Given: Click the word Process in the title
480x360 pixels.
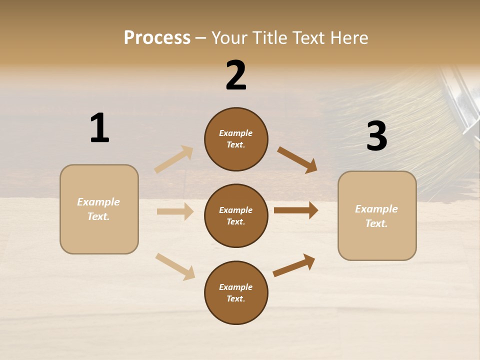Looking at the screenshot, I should click(157, 38).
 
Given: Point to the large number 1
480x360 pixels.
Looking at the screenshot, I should click(99, 128).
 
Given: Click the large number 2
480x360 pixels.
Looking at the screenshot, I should click(236, 75).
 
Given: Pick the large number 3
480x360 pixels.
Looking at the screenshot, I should click(376, 136).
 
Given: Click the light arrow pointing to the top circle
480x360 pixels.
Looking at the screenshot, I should click(173, 159).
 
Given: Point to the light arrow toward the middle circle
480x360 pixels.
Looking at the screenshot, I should click(175, 211).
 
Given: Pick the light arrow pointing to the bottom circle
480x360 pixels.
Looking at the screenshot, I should click(175, 266).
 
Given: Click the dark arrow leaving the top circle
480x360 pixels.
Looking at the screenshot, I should click(297, 160).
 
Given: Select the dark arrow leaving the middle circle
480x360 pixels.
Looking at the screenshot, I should click(296, 210).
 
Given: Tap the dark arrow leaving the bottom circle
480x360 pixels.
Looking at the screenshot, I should click(294, 265).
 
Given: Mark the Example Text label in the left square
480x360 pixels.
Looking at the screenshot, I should click(98, 209).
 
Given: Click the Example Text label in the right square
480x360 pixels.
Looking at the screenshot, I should click(376, 216).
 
